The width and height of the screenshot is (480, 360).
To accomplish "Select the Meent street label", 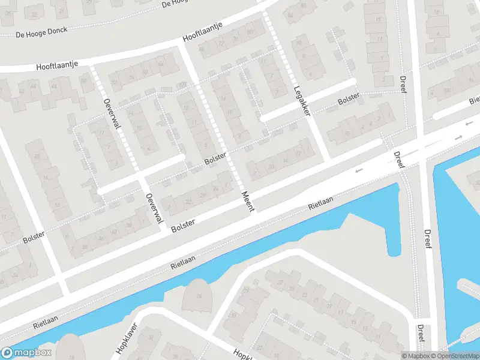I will pyautogui.click(x=248, y=200).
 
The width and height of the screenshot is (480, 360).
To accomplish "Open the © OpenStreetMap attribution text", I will pyautogui.click(x=455, y=356).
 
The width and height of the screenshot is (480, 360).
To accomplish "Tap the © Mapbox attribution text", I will pyautogui.click(x=416, y=356).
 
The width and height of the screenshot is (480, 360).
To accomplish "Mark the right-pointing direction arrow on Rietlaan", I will pyautogui.click(x=459, y=138).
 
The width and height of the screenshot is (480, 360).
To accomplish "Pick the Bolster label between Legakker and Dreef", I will pyautogui.click(x=349, y=98).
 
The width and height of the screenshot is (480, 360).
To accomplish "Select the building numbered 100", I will pyautogui.click(x=182, y=85).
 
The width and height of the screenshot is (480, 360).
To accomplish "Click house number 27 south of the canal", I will pyautogui.click(x=259, y=348).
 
